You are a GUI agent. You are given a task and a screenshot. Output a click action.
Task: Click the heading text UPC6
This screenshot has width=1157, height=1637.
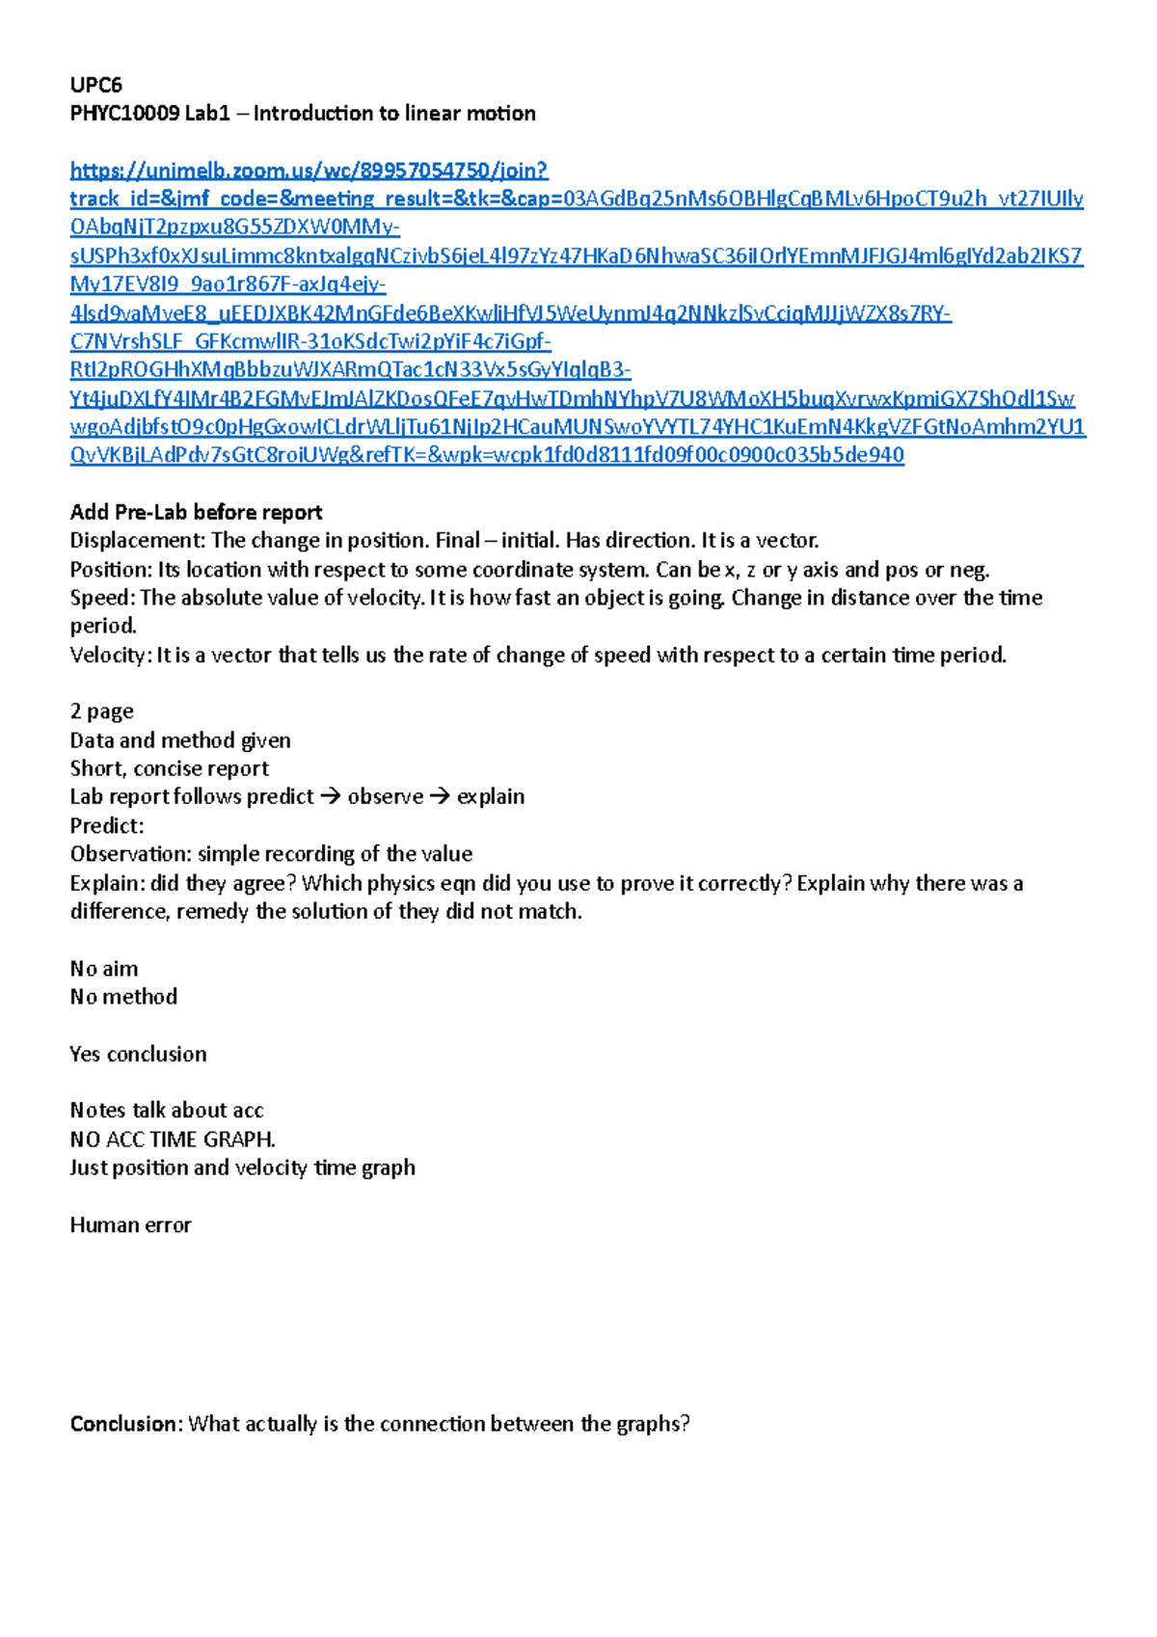point(95,85)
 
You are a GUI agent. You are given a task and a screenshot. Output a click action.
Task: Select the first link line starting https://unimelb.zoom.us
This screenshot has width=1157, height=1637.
point(309,171)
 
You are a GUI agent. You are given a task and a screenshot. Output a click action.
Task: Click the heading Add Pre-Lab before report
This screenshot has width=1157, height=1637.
point(196,512)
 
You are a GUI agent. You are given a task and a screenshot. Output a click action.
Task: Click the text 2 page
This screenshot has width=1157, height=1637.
point(101,711)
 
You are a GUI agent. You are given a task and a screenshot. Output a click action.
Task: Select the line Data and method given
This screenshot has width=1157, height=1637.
point(180,740)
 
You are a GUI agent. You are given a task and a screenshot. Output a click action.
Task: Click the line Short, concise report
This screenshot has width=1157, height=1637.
point(169,768)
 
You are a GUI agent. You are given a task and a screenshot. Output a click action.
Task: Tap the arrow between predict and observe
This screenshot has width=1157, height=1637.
point(331,797)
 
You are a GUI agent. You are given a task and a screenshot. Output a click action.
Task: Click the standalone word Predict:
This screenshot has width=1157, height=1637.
point(106,825)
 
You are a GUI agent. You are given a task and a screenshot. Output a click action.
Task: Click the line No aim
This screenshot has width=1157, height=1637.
point(104,968)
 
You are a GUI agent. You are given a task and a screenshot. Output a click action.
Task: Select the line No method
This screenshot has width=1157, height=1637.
point(123,997)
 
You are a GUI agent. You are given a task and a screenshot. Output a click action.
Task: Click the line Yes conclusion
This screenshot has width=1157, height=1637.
point(138,1054)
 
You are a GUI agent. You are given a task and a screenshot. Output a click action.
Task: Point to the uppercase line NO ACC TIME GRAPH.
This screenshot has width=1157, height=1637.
point(173,1140)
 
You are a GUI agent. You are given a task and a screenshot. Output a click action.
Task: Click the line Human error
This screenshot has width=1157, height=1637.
point(130,1225)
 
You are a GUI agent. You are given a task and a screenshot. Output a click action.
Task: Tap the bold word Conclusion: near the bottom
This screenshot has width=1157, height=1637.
point(125,1424)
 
